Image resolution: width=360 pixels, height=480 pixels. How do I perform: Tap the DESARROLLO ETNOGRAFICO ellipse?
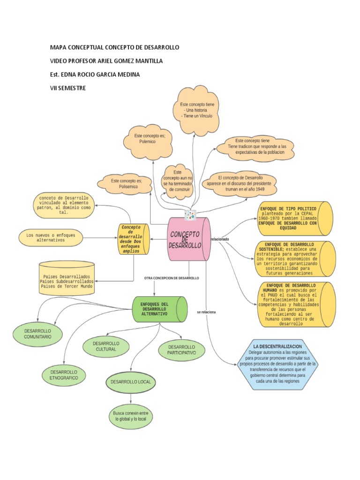(x=64, y=374)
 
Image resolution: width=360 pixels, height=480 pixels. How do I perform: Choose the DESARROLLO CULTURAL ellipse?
(x=106, y=346)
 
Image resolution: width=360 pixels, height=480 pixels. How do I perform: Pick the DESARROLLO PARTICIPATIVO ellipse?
(x=181, y=349)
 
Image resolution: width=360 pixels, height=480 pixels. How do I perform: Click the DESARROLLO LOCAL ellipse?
(x=131, y=382)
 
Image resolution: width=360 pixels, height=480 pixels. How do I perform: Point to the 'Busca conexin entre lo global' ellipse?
(x=131, y=416)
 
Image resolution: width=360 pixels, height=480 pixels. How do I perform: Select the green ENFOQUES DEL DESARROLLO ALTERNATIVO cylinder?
(x=157, y=309)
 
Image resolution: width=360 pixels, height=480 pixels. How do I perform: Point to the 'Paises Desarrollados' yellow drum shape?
(x=67, y=280)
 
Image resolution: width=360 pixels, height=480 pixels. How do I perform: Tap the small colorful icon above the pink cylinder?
(x=189, y=215)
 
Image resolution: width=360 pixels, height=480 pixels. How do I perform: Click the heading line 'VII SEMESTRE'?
(x=68, y=88)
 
